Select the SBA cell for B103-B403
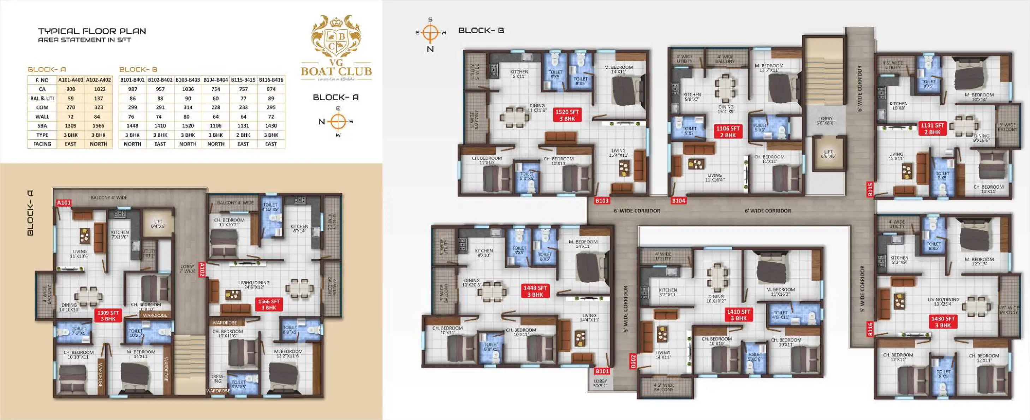click(x=188, y=126)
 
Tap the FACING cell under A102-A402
click(x=99, y=144)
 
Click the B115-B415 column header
click(x=243, y=80)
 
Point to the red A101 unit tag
click(x=64, y=203)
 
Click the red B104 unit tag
click(x=679, y=201)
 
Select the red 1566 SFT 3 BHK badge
click(x=269, y=304)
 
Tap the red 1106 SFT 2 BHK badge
click(x=728, y=132)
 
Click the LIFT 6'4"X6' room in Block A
click(x=158, y=224)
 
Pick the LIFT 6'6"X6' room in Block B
click(x=828, y=154)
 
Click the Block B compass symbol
click(x=430, y=33)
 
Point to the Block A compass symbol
click(x=338, y=122)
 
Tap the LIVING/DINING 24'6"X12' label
click(x=254, y=285)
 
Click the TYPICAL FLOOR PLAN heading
click(x=92, y=31)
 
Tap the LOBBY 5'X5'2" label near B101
click(x=600, y=383)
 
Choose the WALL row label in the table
click(x=42, y=117)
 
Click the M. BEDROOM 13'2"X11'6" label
click(x=288, y=354)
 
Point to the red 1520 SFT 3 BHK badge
click(x=567, y=115)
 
